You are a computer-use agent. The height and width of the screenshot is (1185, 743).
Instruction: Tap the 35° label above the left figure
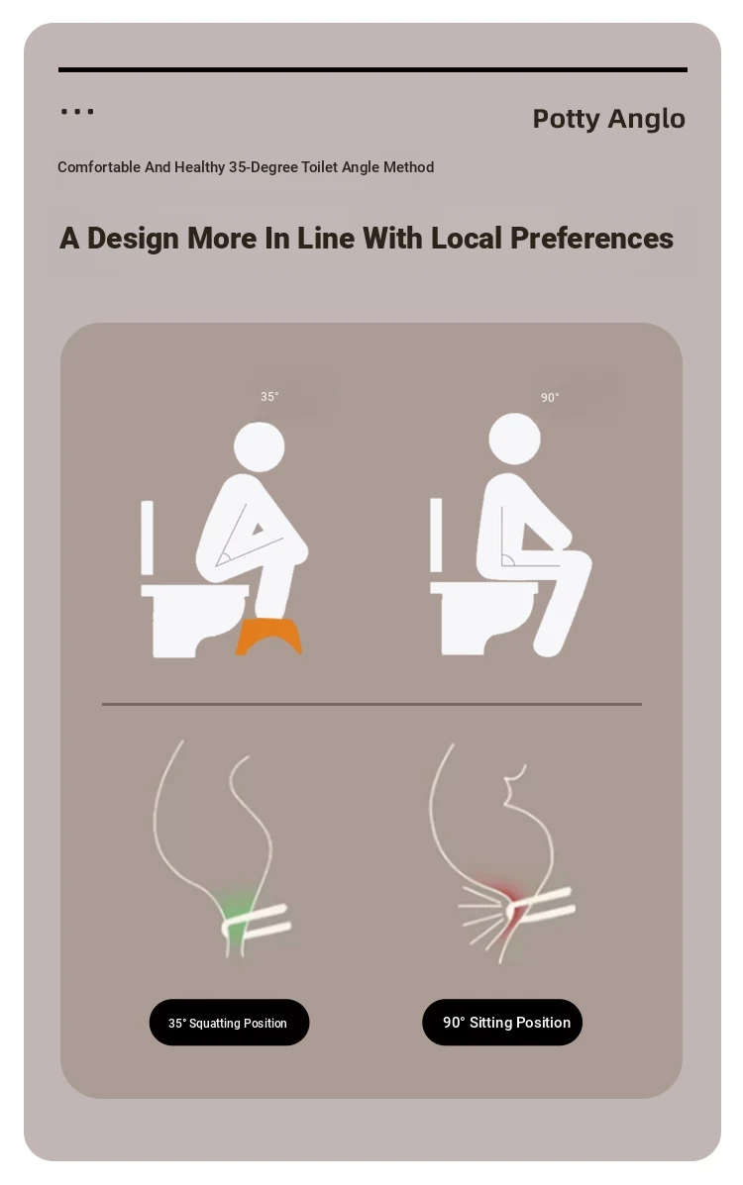click(269, 397)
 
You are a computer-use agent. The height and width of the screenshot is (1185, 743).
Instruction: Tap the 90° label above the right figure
click(550, 398)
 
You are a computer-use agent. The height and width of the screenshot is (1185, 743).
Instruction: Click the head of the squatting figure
click(259, 446)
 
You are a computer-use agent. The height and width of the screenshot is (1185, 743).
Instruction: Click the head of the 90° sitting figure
click(514, 439)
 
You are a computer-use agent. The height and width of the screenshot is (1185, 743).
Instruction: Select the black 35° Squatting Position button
click(229, 1023)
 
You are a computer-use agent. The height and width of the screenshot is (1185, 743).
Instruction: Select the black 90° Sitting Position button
click(502, 1023)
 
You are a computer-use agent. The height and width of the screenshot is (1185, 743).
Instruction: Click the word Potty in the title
click(566, 120)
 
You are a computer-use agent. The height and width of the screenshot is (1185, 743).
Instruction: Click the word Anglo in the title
click(647, 119)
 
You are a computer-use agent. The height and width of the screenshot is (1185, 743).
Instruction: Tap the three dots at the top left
click(77, 111)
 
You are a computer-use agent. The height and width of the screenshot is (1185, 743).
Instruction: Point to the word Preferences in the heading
click(591, 238)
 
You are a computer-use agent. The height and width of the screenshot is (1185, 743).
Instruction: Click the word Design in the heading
click(133, 239)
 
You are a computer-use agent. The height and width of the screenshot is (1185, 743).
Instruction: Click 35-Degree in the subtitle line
click(264, 167)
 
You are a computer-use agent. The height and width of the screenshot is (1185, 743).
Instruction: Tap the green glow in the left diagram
click(236, 917)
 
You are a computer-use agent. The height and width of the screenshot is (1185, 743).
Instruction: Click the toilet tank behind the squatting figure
click(147, 538)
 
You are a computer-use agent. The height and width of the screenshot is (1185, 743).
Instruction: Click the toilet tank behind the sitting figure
click(436, 535)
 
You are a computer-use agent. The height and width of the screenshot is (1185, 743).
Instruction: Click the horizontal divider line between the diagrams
click(371, 704)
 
